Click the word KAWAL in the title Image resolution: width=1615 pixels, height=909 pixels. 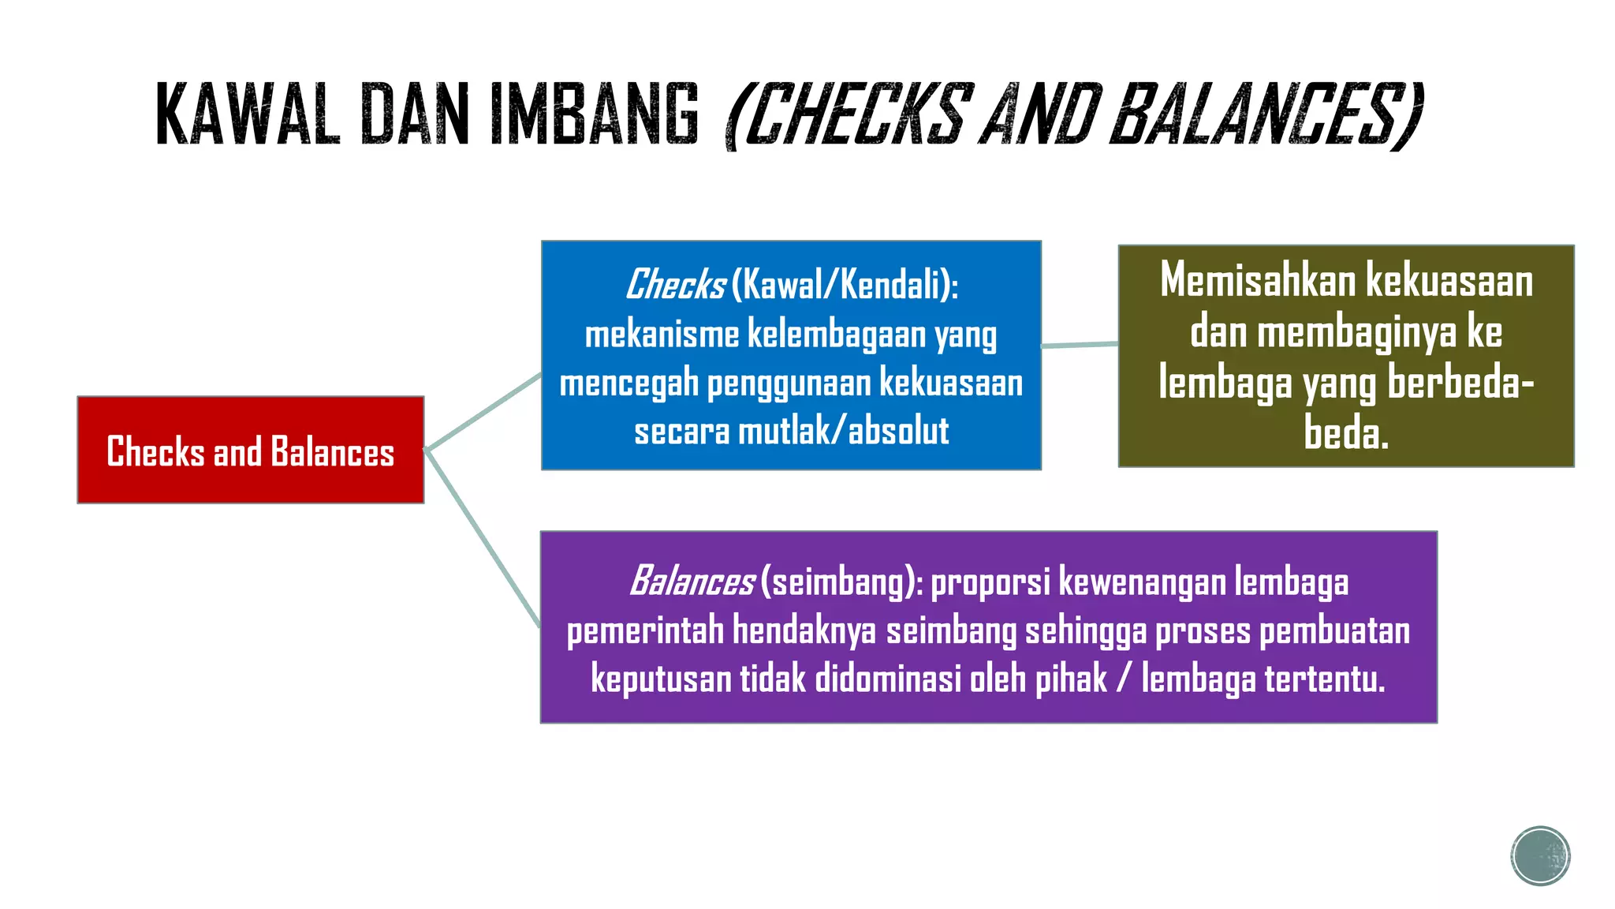pyautogui.click(x=248, y=115)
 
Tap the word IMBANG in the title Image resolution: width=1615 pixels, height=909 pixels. pyautogui.click(x=595, y=115)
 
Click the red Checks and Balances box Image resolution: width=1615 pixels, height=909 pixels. pyautogui.click(x=250, y=450)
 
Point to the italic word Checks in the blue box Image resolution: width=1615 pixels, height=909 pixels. pyautogui.click(x=675, y=285)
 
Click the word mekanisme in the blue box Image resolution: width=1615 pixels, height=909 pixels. pyautogui.click(x=662, y=335)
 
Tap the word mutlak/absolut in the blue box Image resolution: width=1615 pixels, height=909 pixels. pyautogui.click(x=843, y=432)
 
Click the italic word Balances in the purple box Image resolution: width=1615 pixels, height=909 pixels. pyautogui.click(x=692, y=582)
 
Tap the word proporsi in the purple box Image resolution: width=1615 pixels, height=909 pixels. pyautogui.click(x=990, y=582)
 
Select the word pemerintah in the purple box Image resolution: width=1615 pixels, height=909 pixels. pyautogui.click(x=645, y=631)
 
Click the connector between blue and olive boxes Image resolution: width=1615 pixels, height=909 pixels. pyautogui.click(x=1080, y=345)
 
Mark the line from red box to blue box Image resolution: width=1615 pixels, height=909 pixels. pyautogui.click(x=483, y=412)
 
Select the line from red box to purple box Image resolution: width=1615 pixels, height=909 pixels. pyautogui.click(x=483, y=538)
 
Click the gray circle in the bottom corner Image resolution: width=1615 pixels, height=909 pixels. pyautogui.click(x=1540, y=856)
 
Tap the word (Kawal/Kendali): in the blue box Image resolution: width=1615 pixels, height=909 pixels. pyautogui.click(x=845, y=285)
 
